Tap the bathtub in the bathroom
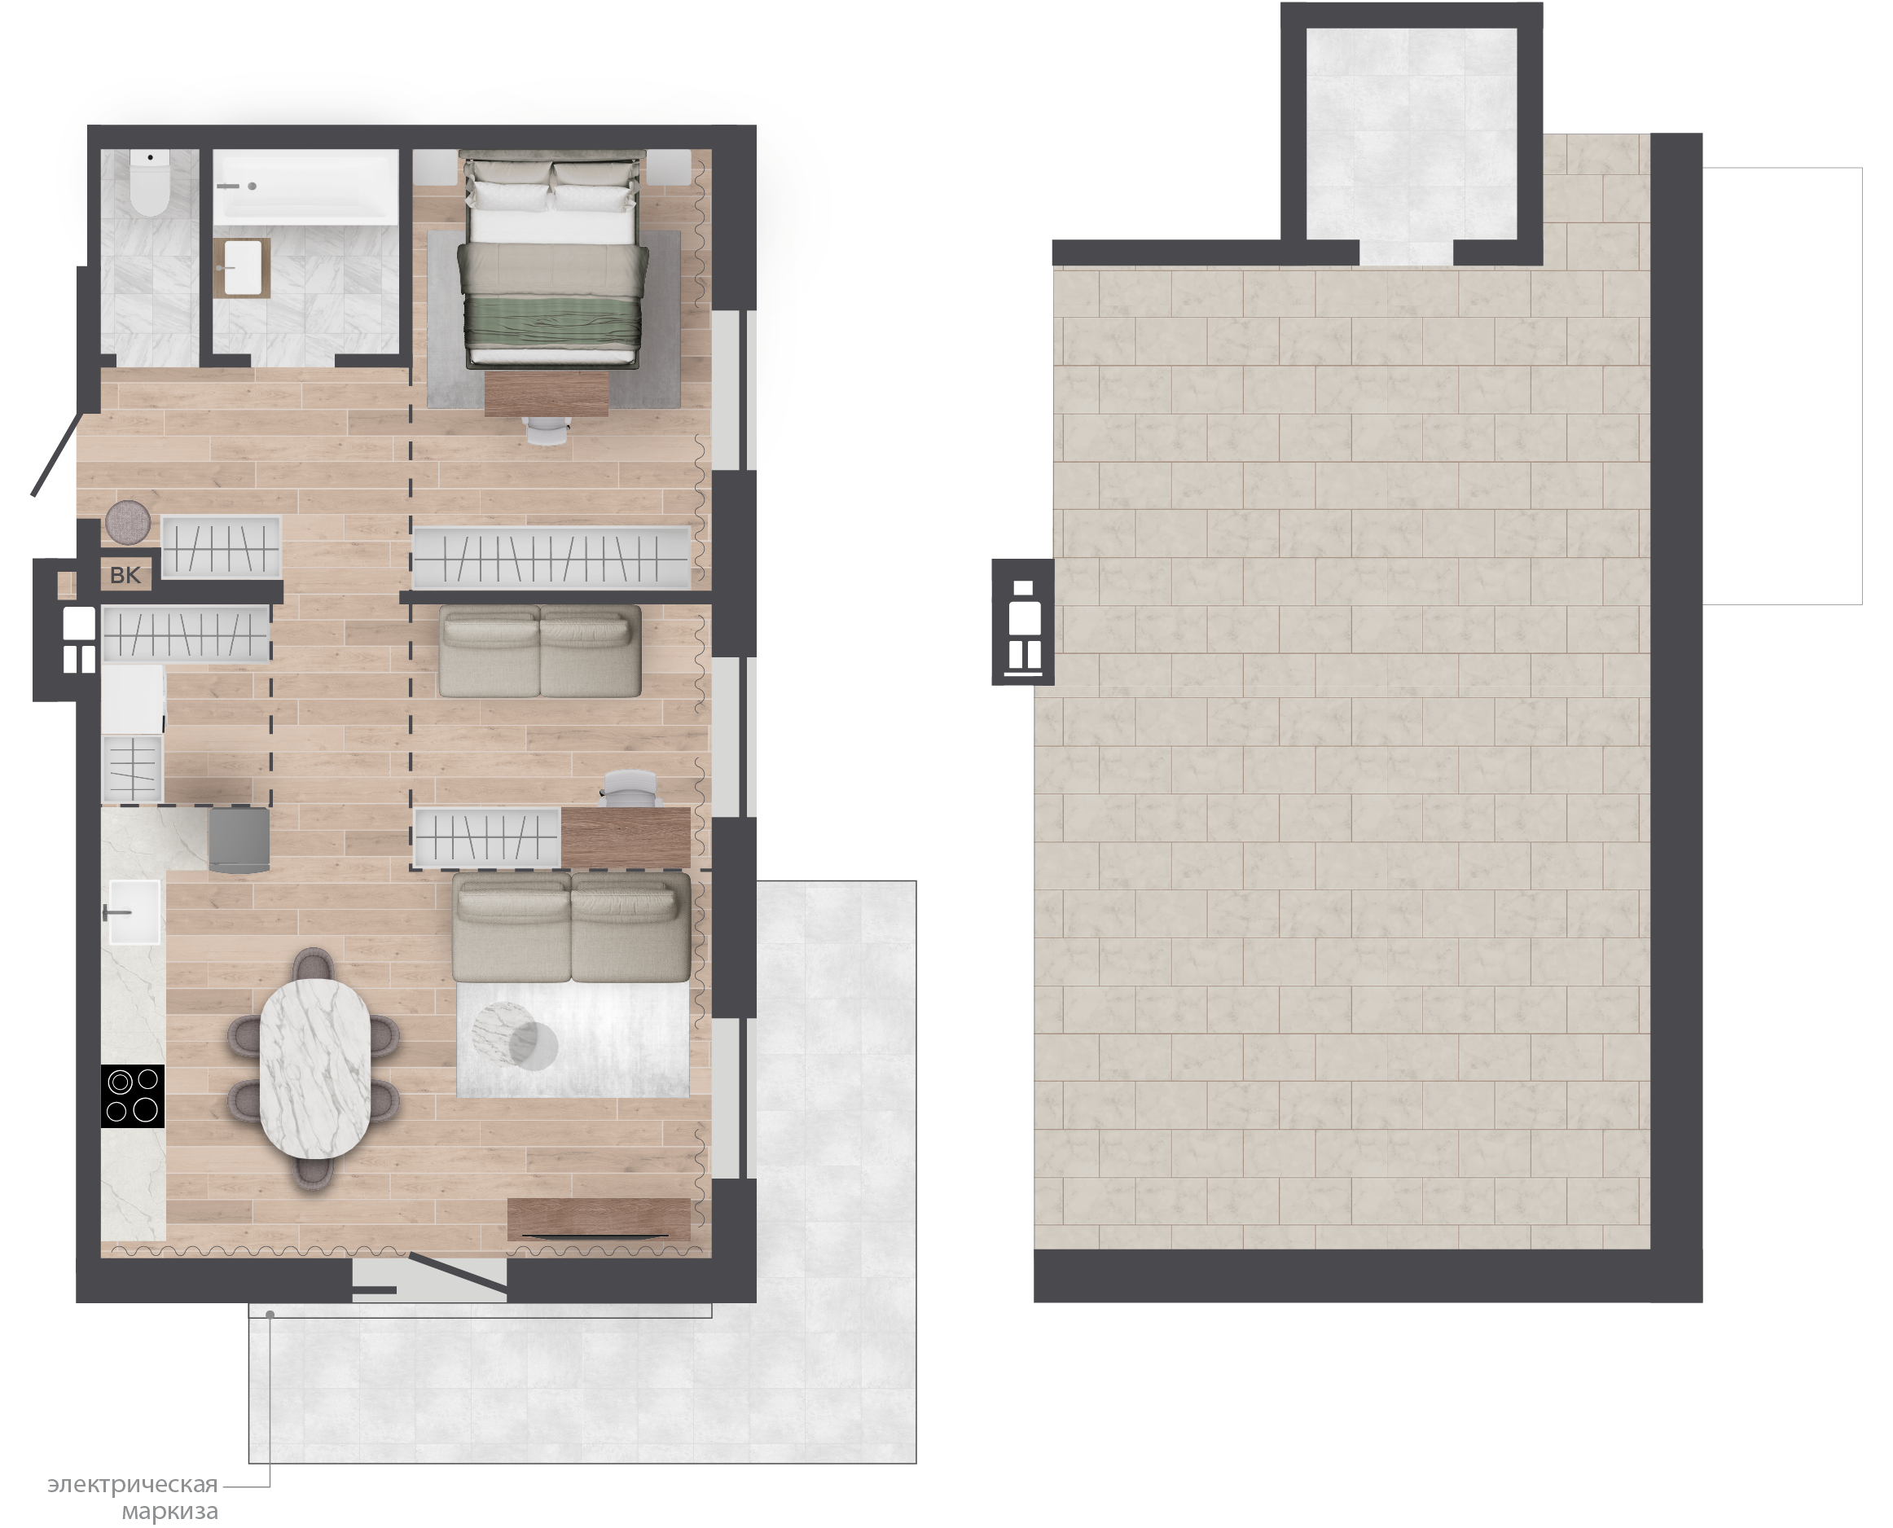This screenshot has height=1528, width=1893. [305, 185]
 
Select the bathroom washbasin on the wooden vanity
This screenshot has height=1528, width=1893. [242, 268]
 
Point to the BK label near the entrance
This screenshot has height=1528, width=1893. [125, 576]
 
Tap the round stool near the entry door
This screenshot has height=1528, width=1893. [128, 522]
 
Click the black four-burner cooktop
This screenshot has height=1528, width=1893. [133, 1096]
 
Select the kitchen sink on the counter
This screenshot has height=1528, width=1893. [134, 912]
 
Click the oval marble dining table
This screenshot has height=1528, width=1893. [314, 1069]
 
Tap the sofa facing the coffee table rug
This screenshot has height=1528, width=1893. [571, 927]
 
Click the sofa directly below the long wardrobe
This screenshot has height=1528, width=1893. [539, 652]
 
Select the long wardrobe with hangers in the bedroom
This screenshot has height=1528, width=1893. [551, 557]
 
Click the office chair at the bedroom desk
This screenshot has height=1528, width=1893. [547, 429]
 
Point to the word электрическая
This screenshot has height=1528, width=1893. [132, 1484]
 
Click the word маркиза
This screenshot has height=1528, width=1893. [170, 1513]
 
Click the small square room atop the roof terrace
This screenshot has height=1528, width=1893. [1411, 134]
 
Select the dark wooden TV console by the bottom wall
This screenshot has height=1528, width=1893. [599, 1220]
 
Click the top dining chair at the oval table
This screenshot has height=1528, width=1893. [313, 964]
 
